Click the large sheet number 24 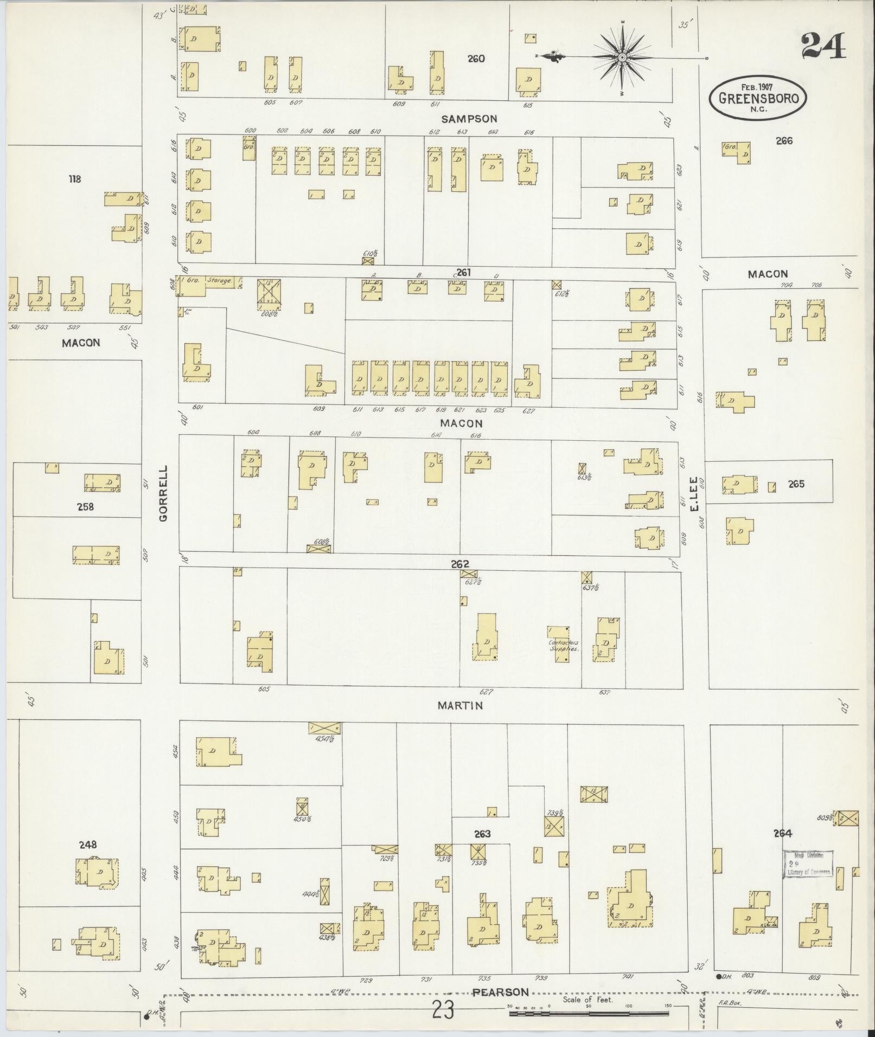coord(822,46)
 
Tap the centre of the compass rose coord(622,57)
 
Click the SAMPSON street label coord(469,119)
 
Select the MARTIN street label coord(460,705)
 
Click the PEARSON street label coord(500,993)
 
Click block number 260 coord(476,59)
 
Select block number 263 coord(482,834)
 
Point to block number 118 coord(74,178)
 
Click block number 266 coord(783,141)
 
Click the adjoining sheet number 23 coord(443,1010)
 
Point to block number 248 coord(87,845)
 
